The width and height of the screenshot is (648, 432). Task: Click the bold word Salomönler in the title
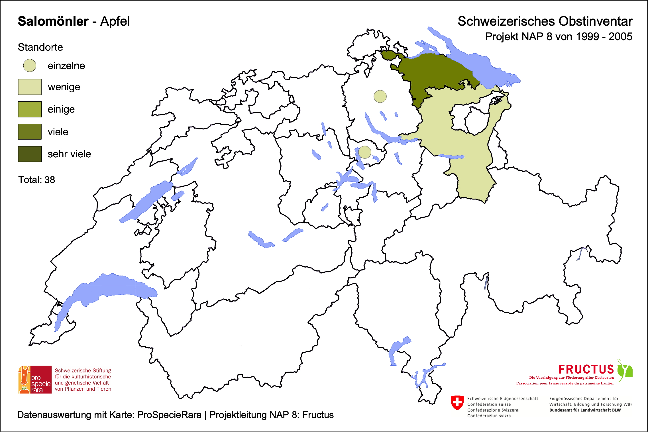click(x=53, y=21)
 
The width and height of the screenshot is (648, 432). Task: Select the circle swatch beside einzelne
click(x=30, y=66)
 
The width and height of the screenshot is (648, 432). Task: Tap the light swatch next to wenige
click(x=30, y=87)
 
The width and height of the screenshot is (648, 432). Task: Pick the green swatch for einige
click(x=30, y=109)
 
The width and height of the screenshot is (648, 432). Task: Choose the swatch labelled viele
click(x=30, y=131)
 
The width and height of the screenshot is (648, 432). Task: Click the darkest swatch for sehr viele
click(x=30, y=154)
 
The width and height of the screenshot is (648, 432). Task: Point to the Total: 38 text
click(x=36, y=180)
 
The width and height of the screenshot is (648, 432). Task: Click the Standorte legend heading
click(x=40, y=47)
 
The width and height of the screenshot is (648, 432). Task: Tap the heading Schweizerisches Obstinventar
click(x=545, y=21)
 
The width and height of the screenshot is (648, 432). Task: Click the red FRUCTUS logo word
click(x=586, y=369)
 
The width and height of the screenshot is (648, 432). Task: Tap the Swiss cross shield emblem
click(x=457, y=402)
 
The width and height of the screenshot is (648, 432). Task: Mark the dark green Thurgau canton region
click(x=439, y=71)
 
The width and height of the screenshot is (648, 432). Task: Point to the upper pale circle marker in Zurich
click(x=380, y=96)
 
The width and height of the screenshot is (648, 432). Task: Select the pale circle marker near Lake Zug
click(x=365, y=152)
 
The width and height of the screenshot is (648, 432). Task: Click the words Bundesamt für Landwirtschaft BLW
click(x=585, y=410)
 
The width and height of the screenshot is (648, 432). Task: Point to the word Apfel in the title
click(x=115, y=21)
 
